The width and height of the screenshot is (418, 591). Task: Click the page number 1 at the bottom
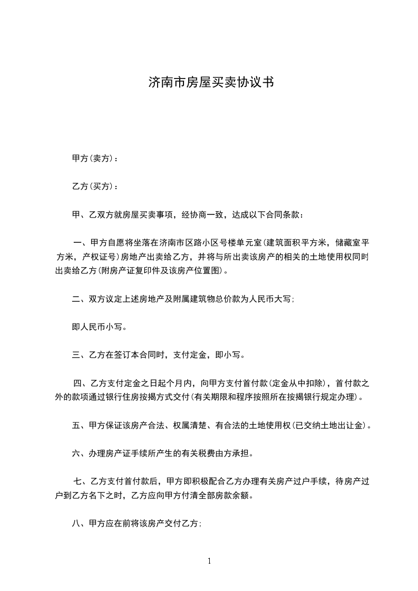tap(209, 561)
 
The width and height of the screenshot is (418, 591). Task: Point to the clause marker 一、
tap(81, 243)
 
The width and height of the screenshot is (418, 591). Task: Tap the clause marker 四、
tap(81, 383)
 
